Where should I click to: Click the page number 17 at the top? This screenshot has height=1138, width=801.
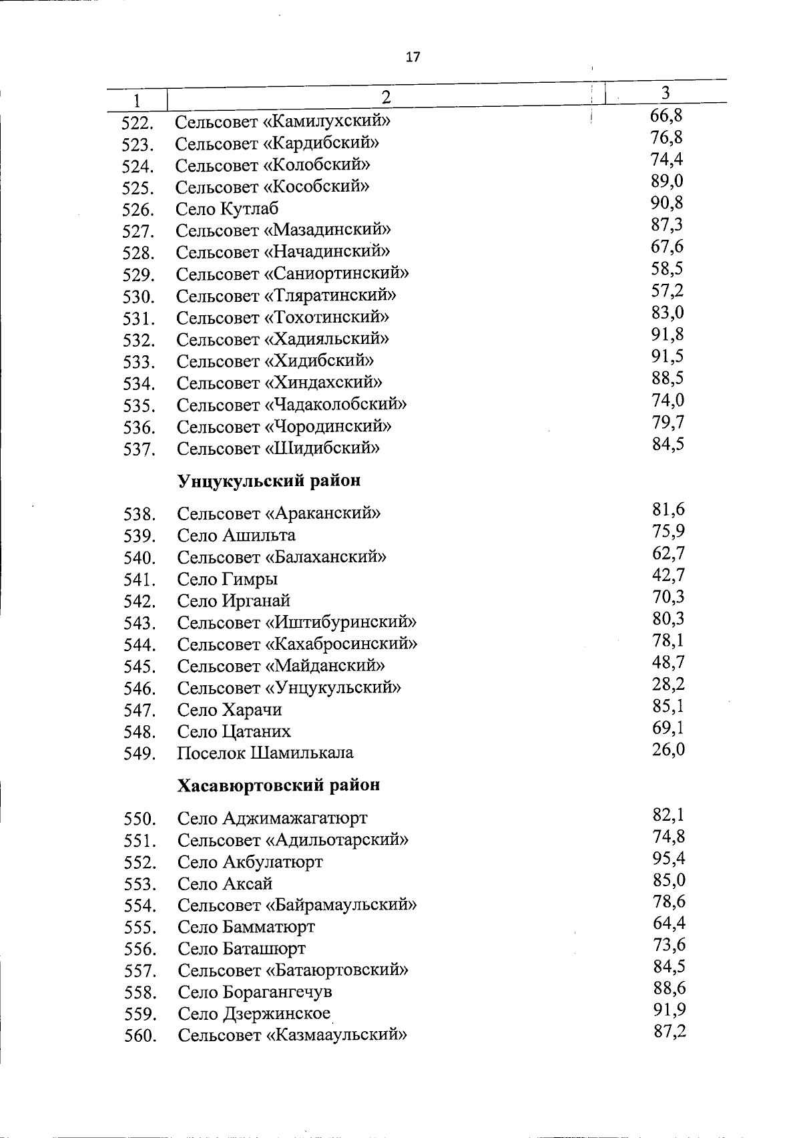[x=413, y=57]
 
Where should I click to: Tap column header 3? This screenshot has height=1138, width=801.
[x=665, y=92]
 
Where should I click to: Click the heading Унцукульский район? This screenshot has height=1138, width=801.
[x=268, y=480]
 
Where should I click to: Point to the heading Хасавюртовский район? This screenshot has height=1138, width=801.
[x=278, y=785]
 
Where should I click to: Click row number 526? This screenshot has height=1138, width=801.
[x=138, y=210]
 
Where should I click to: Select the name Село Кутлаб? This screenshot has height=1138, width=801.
[x=227, y=208]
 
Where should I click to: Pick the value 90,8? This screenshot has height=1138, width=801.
[x=667, y=202]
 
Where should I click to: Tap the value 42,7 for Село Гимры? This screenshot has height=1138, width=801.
[x=668, y=575]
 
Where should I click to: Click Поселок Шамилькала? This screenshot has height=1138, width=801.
[x=265, y=753]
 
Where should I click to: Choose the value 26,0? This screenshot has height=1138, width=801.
[x=668, y=749]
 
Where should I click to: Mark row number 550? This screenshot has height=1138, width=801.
[x=140, y=819]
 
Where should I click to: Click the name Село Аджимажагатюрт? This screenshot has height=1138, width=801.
[x=272, y=818]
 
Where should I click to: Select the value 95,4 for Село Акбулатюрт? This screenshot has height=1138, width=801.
[x=669, y=858]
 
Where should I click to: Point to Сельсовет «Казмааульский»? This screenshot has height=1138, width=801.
[x=292, y=1036]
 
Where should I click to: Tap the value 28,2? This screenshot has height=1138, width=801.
[x=668, y=684]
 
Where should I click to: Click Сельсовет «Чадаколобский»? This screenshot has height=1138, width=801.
[x=292, y=404]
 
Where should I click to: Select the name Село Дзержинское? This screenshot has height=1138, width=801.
[x=254, y=1014]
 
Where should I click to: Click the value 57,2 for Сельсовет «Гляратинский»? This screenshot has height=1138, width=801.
[x=667, y=291]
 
